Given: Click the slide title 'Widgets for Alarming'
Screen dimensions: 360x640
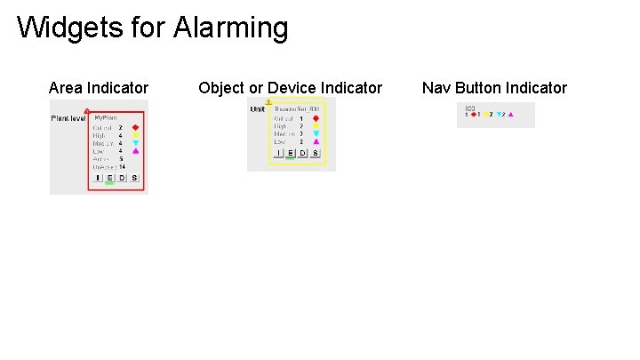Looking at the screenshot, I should [152, 28].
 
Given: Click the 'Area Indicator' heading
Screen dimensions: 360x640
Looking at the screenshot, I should [99, 88].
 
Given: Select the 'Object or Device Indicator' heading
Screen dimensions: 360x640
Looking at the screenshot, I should [290, 88].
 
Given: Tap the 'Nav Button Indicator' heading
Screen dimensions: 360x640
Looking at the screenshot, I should [494, 88].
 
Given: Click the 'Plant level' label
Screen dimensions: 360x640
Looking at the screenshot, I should [68, 118].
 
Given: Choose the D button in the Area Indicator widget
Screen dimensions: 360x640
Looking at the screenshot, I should [122, 178].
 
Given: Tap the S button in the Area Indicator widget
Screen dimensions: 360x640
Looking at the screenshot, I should [134, 178].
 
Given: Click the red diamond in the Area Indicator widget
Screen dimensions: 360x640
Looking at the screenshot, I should [136, 127].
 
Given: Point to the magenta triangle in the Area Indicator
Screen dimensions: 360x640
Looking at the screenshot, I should [136, 151].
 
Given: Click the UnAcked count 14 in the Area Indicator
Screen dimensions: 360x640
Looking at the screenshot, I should [122, 167].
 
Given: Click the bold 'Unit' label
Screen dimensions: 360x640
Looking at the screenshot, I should [258, 109].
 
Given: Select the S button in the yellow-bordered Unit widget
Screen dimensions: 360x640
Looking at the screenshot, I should [316, 153].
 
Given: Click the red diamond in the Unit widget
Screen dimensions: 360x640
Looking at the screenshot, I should [316, 118].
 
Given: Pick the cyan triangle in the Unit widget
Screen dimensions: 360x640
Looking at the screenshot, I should [316, 133].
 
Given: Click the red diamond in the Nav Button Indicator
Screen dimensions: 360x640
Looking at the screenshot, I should [473, 115].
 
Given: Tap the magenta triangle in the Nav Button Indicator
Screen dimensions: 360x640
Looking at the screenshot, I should [510, 115].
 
